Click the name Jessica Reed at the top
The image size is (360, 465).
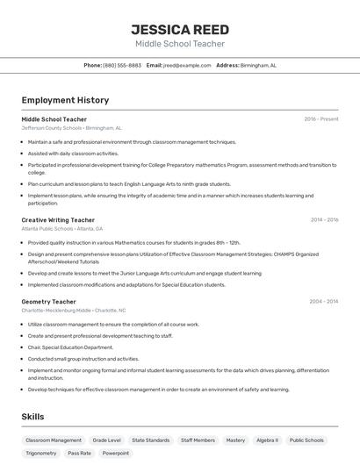click(x=179, y=30)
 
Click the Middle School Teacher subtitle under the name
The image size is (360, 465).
click(x=179, y=44)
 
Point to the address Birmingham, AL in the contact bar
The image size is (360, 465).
click(x=258, y=65)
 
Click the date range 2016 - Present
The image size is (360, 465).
click(x=320, y=119)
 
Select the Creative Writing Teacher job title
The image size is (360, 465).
click(x=58, y=220)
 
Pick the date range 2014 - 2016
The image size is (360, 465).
click(x=324, y=220)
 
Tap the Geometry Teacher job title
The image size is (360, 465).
click(x=49, y=302)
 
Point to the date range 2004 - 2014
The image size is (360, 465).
click(x=324, y=302)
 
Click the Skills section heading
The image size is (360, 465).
click(x=32, y=417)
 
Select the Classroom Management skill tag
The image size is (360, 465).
click(x=54, y=440)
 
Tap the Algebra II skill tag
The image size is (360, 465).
click(x=267, y=440)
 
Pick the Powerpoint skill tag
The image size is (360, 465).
click(x=115, y=454)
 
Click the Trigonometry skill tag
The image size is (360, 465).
click(x=41, y=454)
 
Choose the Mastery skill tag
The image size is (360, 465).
click(x=235, y=440)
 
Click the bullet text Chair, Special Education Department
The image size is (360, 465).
click(x=70, y=347)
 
